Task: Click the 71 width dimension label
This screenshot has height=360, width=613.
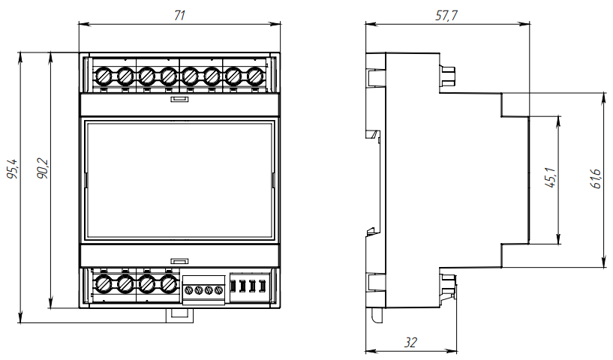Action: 179,15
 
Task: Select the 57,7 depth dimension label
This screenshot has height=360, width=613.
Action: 446,15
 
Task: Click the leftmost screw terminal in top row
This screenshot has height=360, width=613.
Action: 104,76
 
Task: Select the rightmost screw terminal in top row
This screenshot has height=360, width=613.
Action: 255,76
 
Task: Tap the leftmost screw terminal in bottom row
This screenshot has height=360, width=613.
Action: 104,284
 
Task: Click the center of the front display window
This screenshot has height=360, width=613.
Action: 179,180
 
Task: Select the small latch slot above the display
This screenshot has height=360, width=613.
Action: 179,97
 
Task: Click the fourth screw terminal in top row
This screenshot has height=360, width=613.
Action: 169,76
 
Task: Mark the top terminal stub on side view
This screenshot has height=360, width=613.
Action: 449,75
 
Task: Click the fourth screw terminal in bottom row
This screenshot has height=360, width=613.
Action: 169,284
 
